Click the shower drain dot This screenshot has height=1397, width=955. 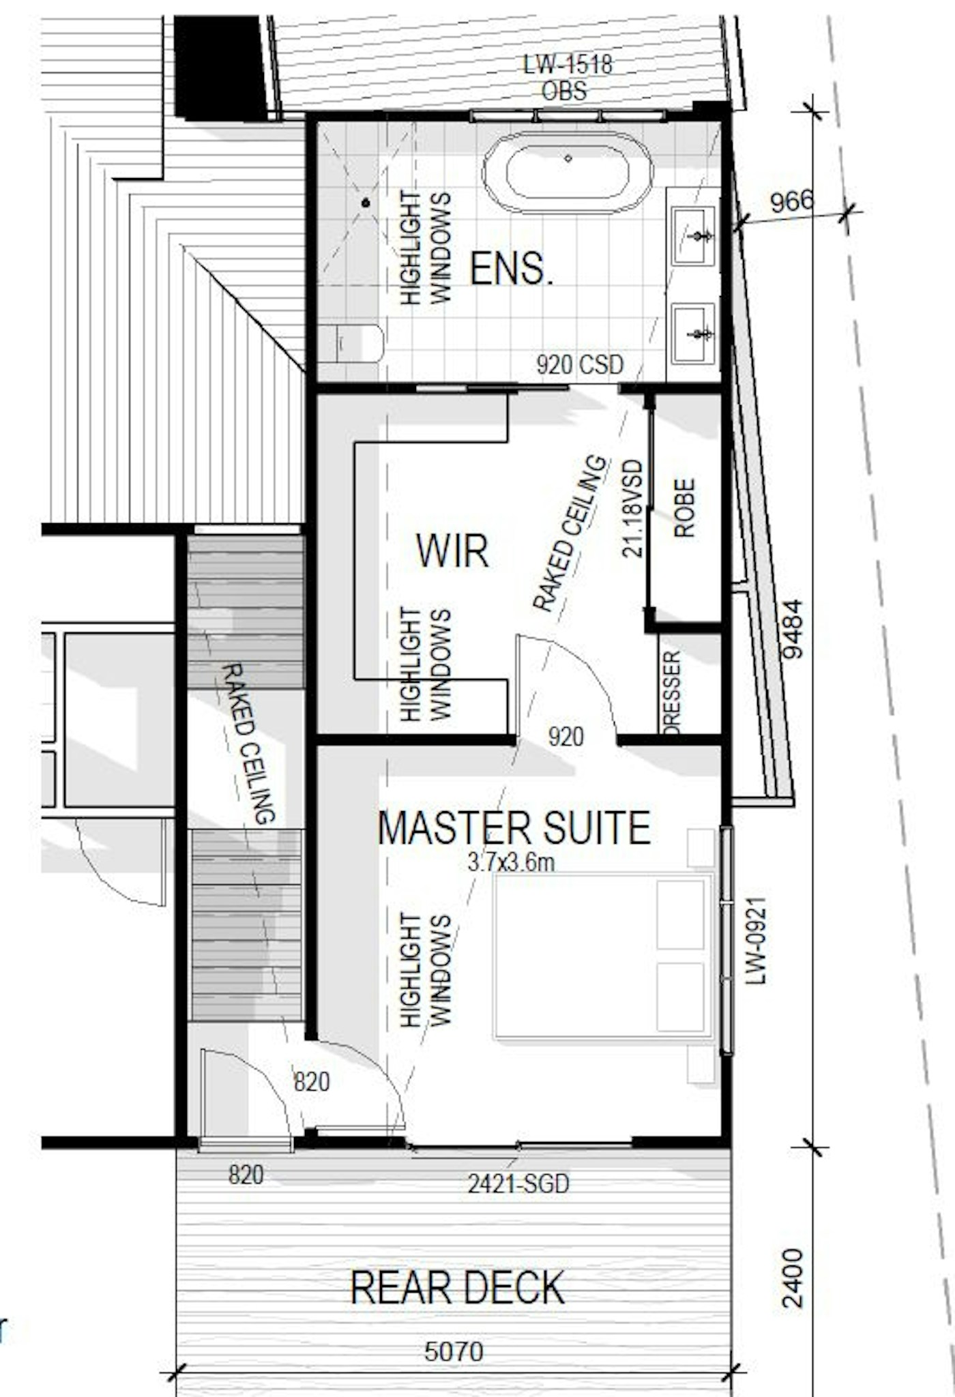pyautogui.click(x=366, y=203)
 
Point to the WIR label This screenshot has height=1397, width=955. pyautogui.click(x=453, y=550)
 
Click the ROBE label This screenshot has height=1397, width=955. pyautogui.click(x=684, y=508)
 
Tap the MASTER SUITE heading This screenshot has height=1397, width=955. pyautogui.click(x=514, y=827)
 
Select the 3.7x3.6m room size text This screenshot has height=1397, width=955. pyautogui.click(x=511, y=862)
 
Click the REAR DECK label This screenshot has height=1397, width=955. pyautogui.click(x=457, y=1288)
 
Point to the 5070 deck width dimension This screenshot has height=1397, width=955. pyautogui.click(x=454, y=1351)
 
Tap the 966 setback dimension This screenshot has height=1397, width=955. pyautogui.click(x=792, y=201)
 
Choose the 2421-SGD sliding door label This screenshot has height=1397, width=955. pyautogui.click(x=518, y=1183)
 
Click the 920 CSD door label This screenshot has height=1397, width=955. pyautogui.click(x=580, y=365)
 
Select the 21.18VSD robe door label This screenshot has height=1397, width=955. pyautogui.click(x=633, y=508)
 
